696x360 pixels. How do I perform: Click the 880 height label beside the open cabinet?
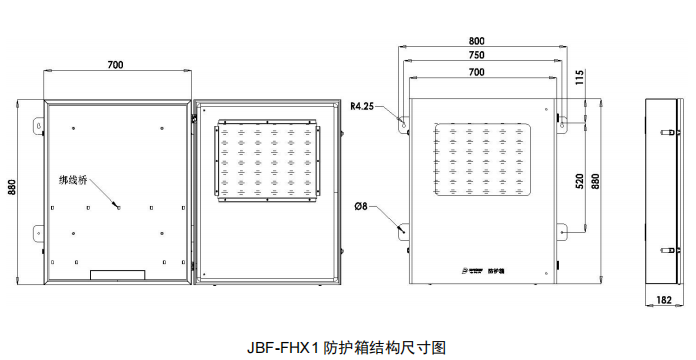[13, 191]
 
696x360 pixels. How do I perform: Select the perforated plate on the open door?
[268, 160]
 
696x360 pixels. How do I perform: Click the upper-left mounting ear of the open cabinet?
[38, 127]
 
